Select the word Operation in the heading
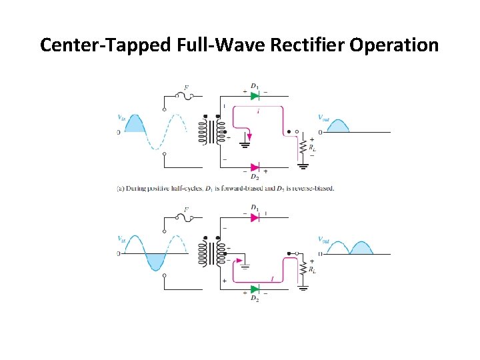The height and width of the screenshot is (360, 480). (x=399, y=45)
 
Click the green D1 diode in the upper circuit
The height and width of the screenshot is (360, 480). (x=255, y=95)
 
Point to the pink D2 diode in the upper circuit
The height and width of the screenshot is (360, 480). (x=255, y=167)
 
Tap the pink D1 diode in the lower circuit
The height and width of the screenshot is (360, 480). (x=254, y=217)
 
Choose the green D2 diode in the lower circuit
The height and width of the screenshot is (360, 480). (x=254, y=289)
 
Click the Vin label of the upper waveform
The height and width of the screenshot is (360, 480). (x=122, y=118)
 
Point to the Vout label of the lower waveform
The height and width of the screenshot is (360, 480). (x=323, y=240)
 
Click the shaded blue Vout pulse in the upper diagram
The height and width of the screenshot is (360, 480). (x=339, y=126)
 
